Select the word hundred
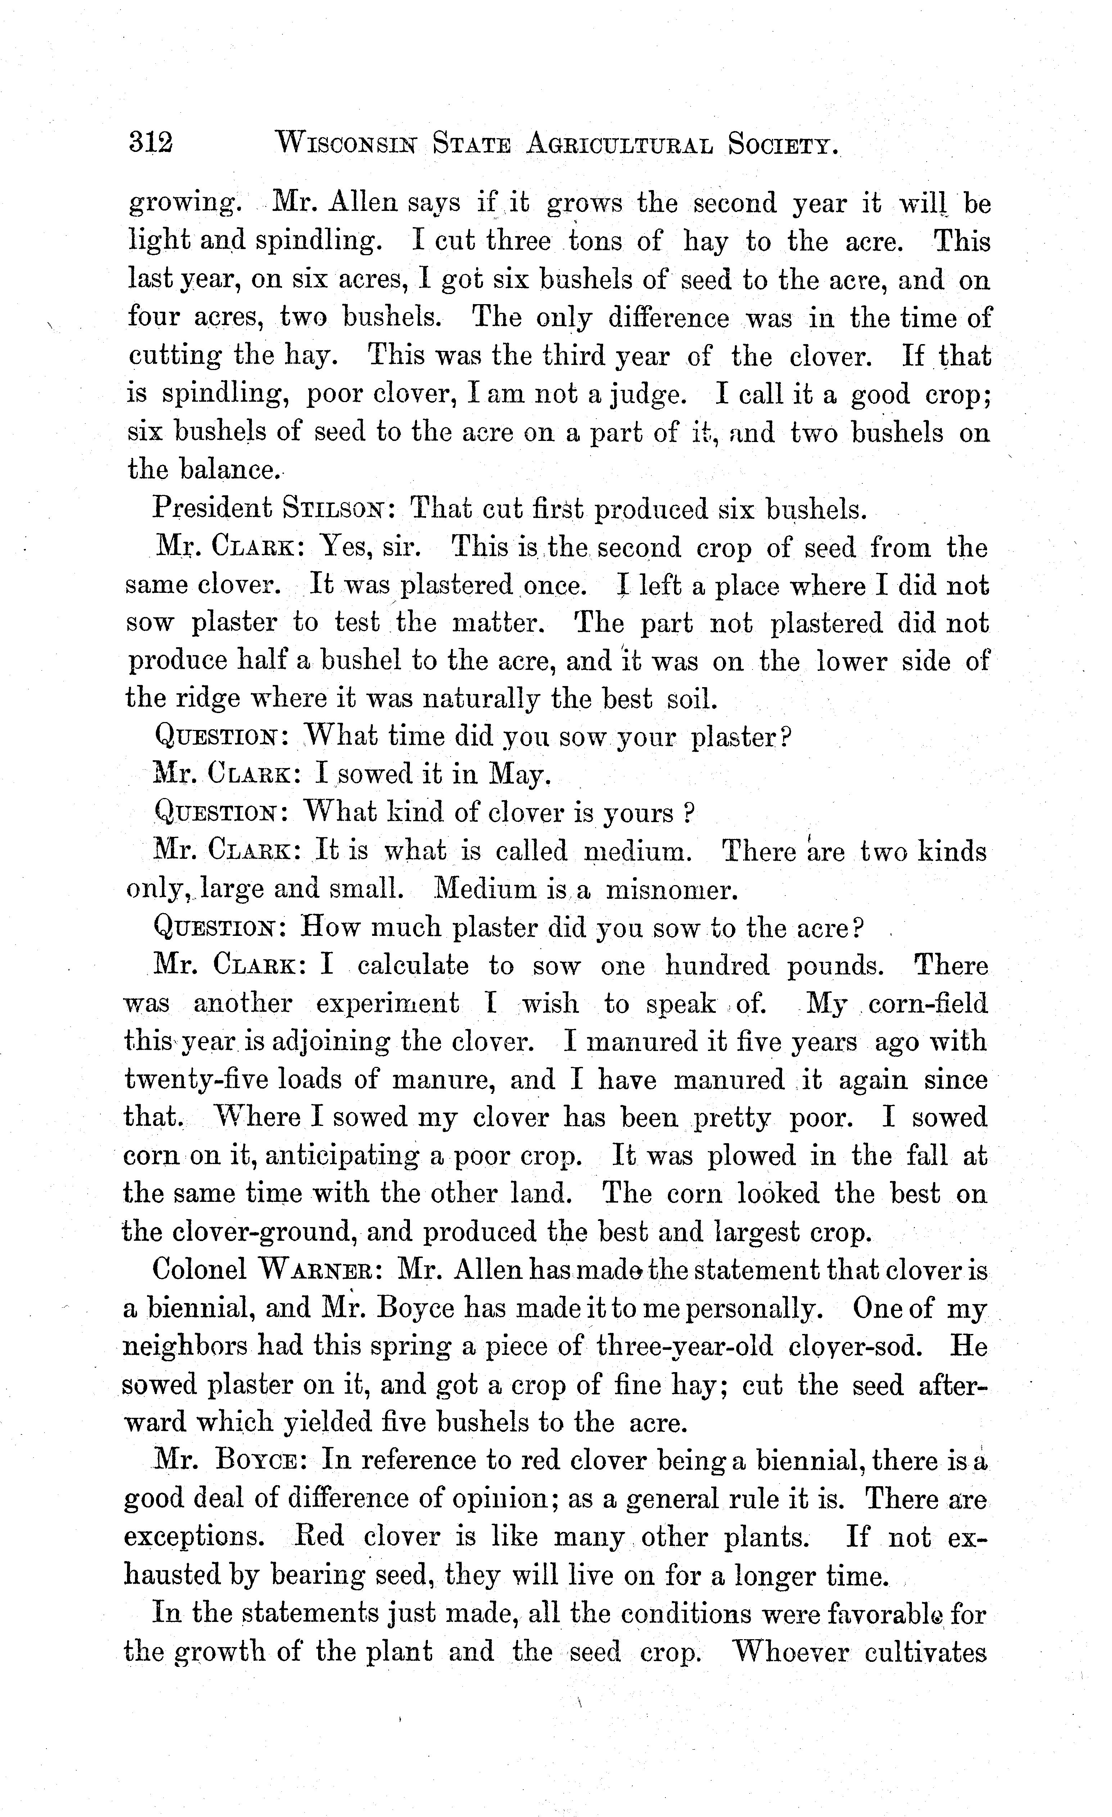tap(717, 965)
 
